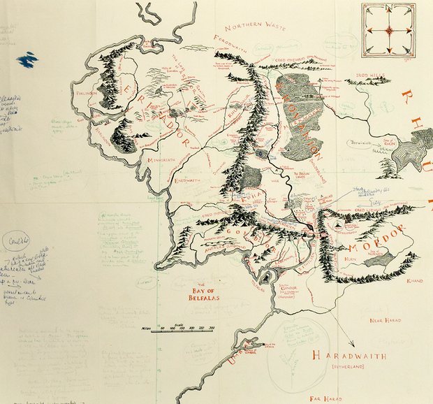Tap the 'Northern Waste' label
[x=247, y=27]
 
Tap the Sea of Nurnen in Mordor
[x=379, y=259]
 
